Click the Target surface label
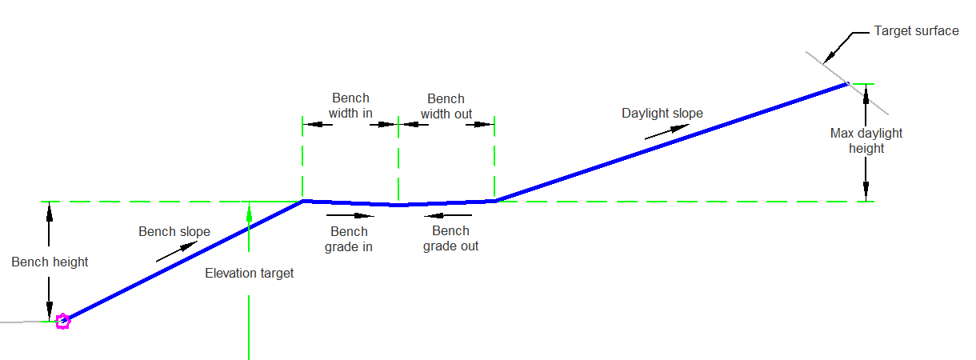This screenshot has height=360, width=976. (916, 31)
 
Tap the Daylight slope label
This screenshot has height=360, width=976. (662, 114)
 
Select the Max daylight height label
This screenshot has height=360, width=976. (866, 141)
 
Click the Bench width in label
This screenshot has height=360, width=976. (350, 106)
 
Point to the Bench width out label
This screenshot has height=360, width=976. (446, 106)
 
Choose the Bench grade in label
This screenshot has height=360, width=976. (349, 239)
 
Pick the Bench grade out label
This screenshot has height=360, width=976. (450, 238)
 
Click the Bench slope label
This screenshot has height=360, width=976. (174, 231)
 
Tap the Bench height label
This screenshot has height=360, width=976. (50, 262)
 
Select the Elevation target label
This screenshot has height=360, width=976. (250, 274)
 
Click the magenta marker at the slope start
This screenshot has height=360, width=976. (62, 322)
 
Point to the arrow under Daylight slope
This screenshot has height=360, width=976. (667, 132)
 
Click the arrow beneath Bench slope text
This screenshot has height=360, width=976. (177, 252)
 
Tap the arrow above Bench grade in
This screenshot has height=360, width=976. (350, 215)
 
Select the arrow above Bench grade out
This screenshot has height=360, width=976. (448, 215)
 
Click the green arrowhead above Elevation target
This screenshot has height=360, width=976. (249, 214)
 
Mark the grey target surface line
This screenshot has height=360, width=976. (847, 83)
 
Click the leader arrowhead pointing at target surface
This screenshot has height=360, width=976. (829, 57)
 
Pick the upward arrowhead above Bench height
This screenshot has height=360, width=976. (50, 213)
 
